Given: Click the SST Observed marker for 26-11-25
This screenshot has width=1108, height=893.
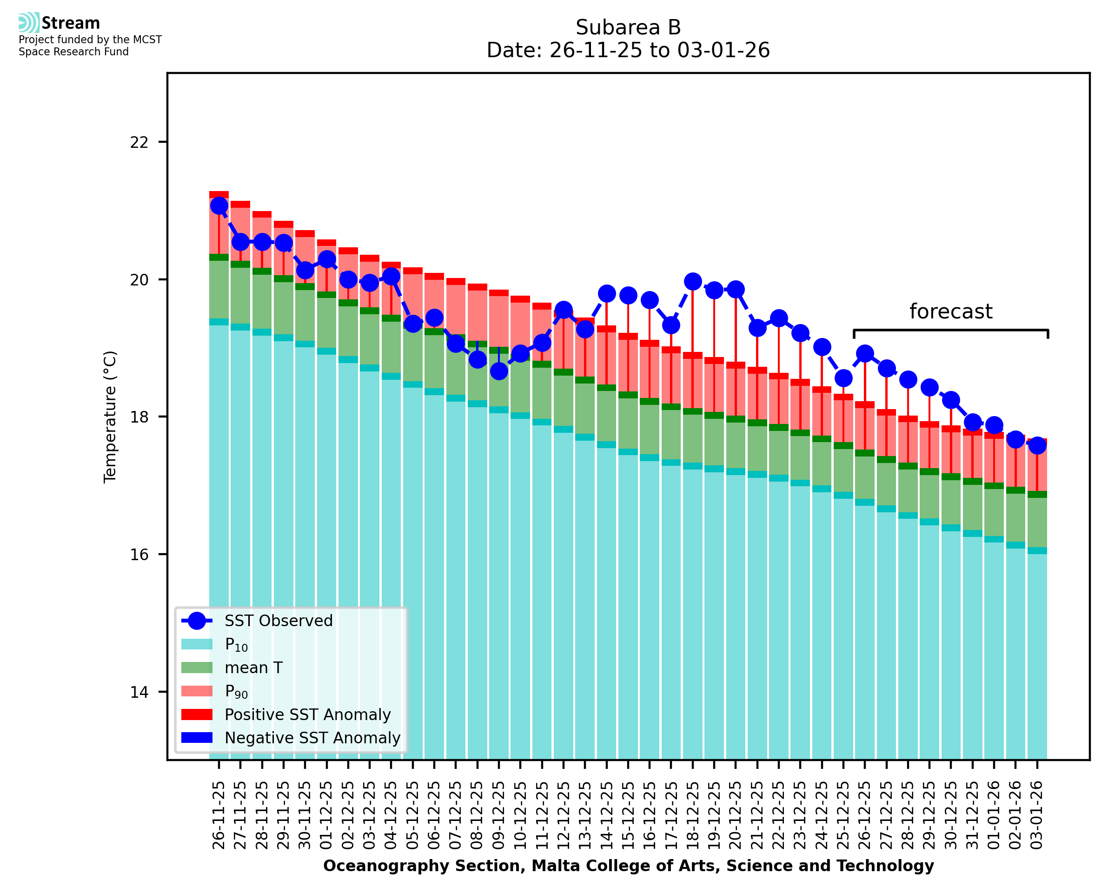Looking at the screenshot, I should tap(219, 206).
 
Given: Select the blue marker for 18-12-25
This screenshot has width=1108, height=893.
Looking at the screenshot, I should tap(692, 281).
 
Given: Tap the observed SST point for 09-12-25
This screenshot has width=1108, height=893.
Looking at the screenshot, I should tap(498, 371).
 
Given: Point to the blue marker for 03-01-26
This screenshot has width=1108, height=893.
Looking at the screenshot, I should tap(1036, 445).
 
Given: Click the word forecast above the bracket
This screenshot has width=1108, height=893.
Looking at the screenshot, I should tap(950, 312).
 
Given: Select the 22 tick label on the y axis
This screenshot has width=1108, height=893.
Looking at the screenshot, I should tap(139, 142).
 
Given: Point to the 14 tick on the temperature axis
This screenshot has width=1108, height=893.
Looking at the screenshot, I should tap(139, 692).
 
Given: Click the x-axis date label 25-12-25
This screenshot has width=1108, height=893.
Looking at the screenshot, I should tap(843, 815).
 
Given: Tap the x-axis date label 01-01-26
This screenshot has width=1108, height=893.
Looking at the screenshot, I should tap(994, 815).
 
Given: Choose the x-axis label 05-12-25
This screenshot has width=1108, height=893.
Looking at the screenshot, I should tap(412, 815).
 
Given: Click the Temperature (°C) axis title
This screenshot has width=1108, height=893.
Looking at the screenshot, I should tap(110, 417).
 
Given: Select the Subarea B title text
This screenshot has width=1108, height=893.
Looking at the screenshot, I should tap(628, 27).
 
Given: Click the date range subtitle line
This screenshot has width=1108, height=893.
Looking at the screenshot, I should tap(628, 50).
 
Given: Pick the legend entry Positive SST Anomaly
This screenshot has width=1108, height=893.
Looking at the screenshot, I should tap(308, 714).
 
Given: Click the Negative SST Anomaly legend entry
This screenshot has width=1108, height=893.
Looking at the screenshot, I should tap(312, 738).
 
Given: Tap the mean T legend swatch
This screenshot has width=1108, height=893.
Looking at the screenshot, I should tap(197, 668).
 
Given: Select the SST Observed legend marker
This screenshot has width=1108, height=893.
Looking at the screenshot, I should tap(197, 621).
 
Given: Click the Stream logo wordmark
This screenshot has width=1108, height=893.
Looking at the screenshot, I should tap(71, 23).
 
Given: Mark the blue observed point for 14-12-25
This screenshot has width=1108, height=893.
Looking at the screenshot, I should tap(606, 294).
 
